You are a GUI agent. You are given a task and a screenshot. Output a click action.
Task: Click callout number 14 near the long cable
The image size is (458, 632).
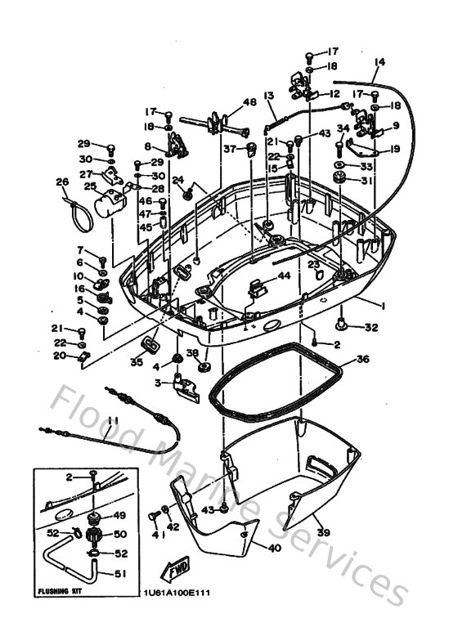[x=379, y=62]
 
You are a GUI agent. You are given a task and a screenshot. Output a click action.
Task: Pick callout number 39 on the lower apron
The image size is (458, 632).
[x=324, y=532]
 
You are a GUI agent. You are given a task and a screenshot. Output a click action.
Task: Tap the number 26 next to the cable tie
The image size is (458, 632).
[x=61, y=182]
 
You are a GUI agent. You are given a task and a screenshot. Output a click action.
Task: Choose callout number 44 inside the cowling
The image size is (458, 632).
[x=284, y=276]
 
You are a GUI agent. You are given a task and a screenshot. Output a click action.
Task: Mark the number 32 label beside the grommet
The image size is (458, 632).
[x=371, y=327]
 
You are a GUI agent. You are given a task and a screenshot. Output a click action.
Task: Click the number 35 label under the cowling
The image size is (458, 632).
[x=137, y=361]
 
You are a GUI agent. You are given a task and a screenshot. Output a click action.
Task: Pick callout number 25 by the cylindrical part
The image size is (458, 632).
[x=90, y=186]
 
